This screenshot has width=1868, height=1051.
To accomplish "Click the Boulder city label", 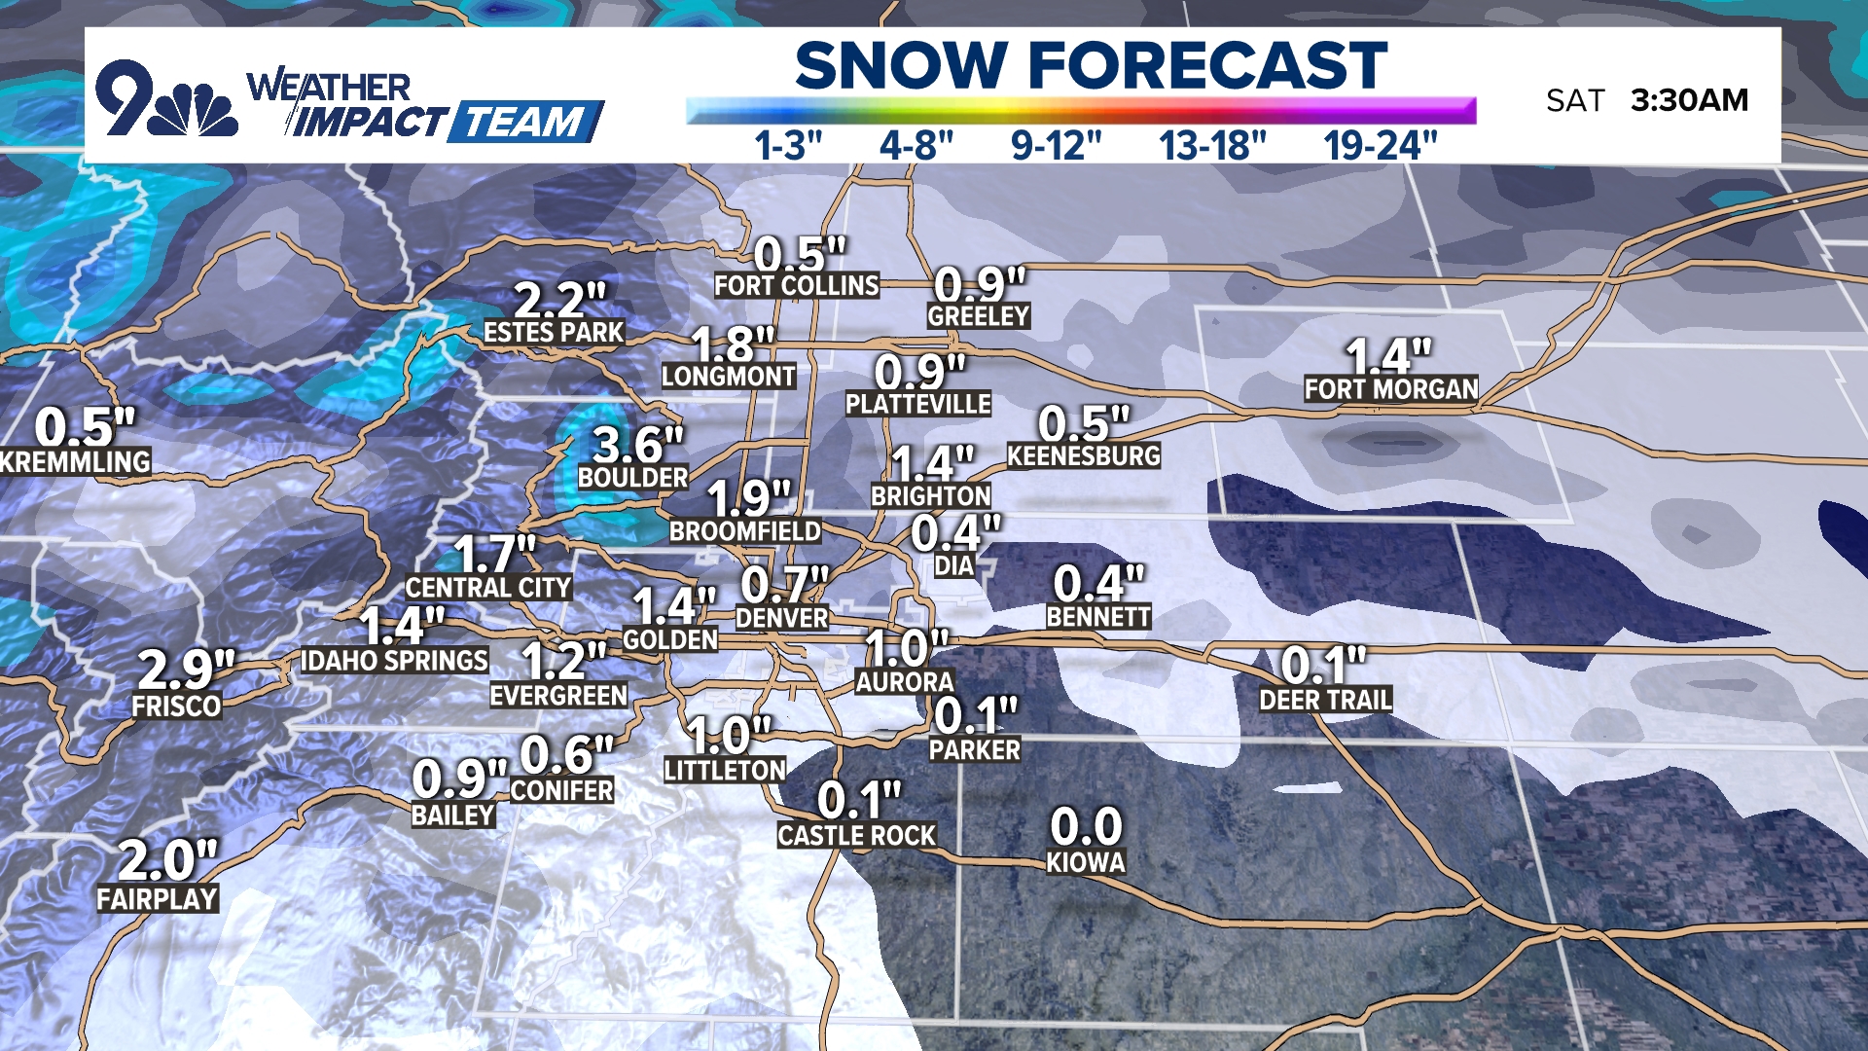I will click(632, 478).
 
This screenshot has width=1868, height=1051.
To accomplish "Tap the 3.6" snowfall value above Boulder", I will click(638, 446).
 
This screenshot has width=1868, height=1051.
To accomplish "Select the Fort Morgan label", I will click(1390, 389).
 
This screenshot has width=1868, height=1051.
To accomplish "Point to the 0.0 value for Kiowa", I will click(1086, 827).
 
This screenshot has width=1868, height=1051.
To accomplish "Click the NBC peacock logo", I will click(199, 109).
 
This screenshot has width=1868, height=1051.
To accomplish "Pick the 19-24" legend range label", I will click(1380, 146).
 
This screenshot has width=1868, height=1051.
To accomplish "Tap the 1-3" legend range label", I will click(788, 146).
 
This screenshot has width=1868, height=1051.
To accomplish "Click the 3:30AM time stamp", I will click(1689, 100).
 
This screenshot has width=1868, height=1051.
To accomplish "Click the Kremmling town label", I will click(75, 461).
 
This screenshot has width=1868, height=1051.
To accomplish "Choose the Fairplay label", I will click(157, 899).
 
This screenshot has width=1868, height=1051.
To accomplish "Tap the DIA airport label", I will click(953, 566).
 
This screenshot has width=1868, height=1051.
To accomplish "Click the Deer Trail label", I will click(1325, 700).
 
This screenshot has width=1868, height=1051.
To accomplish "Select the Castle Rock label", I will click(856, 835).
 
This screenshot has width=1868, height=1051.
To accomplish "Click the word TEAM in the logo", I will click(523, 123).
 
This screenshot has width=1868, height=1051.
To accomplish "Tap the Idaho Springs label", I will click(394, 661).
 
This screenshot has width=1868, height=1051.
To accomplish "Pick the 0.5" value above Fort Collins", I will click(800, 255).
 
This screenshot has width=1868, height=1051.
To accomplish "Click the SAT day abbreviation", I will click(1574, 100).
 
